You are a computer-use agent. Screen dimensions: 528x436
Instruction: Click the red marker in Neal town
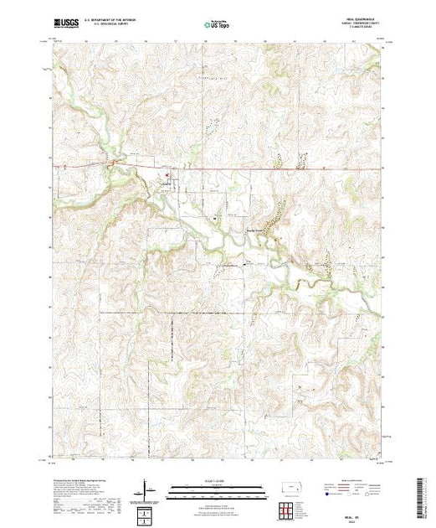(x=166, y=176)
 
